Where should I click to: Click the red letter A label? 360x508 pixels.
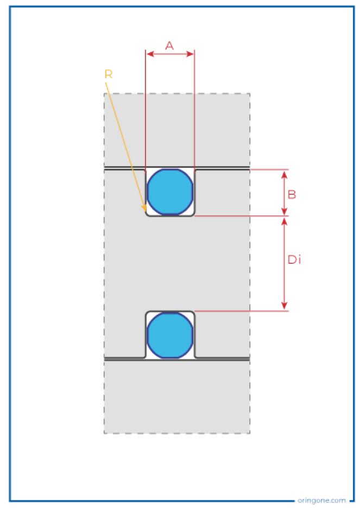pyautogui.click(x=169, y=46)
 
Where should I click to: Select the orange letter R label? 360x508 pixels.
pyautogui.click(x=109, y=74)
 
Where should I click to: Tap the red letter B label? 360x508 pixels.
pyautogui.click(x=292, y=194)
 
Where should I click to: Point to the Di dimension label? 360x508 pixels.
pyautogui.click(x=294, y=259)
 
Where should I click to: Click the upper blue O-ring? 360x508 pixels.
pyautogui.click(x=170, y=192)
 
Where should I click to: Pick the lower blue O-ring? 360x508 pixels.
pyautogui.click(x=170, y=335)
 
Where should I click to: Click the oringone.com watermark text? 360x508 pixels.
pyautogui.click(x=322, y=500)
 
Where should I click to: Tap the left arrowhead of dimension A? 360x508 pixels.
pyautogui.click(x=149, y=54)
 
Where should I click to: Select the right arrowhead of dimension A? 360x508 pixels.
pyautogui.click(x=191, y=54)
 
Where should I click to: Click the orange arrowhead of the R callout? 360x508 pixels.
pyautogui.click(x=144, y=208)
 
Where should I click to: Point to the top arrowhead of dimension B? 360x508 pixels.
pyautogui.click(x=284, y=174)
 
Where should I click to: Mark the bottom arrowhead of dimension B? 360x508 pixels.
pyautogui.click(x=284, y=211)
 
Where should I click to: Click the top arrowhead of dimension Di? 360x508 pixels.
pyautogui.click(x=284, y=221)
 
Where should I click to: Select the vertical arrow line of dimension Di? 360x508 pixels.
pyautogui.click(x=284, y=263)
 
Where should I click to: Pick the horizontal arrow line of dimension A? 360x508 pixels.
pyautogui.click(x=170, y=54)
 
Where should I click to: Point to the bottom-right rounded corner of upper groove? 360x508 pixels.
pyautogui.click(x=193, y=214)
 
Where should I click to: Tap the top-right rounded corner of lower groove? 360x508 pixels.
pyautogui.click(x=193, y=313)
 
